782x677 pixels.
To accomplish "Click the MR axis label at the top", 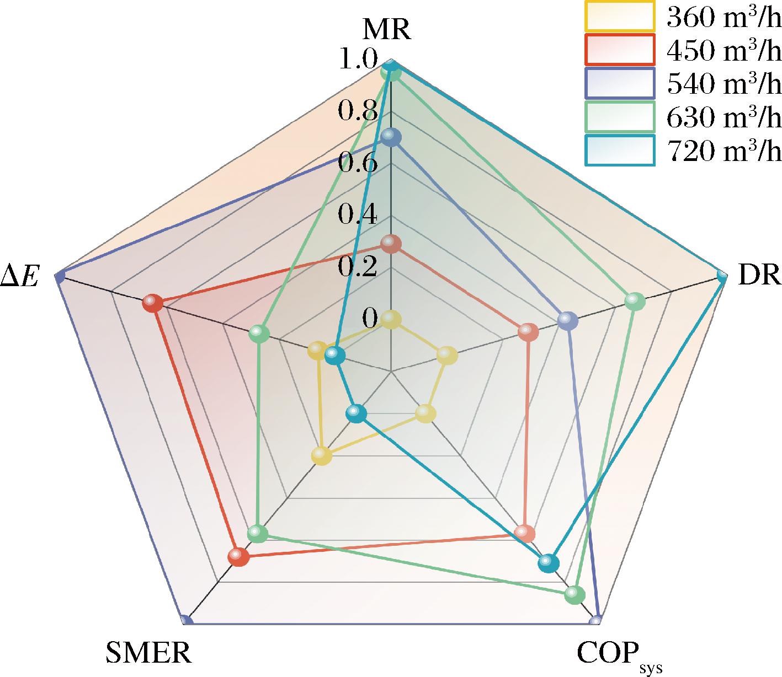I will coord(386,31).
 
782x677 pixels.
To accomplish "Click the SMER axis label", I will coord(148,653).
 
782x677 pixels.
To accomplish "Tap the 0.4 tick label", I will coord(358,214).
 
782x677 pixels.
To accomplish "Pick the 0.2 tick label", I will coord(358,266).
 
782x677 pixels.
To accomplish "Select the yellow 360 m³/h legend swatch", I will coord(619,17).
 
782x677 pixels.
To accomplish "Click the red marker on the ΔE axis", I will coord(152,303).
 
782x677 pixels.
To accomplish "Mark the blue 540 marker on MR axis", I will coord(391,137).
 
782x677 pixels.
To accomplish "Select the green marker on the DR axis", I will coord(635,302).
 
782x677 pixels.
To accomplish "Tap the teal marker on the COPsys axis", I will coord(548,562).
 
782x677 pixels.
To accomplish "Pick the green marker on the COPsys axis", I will coord(574,594).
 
